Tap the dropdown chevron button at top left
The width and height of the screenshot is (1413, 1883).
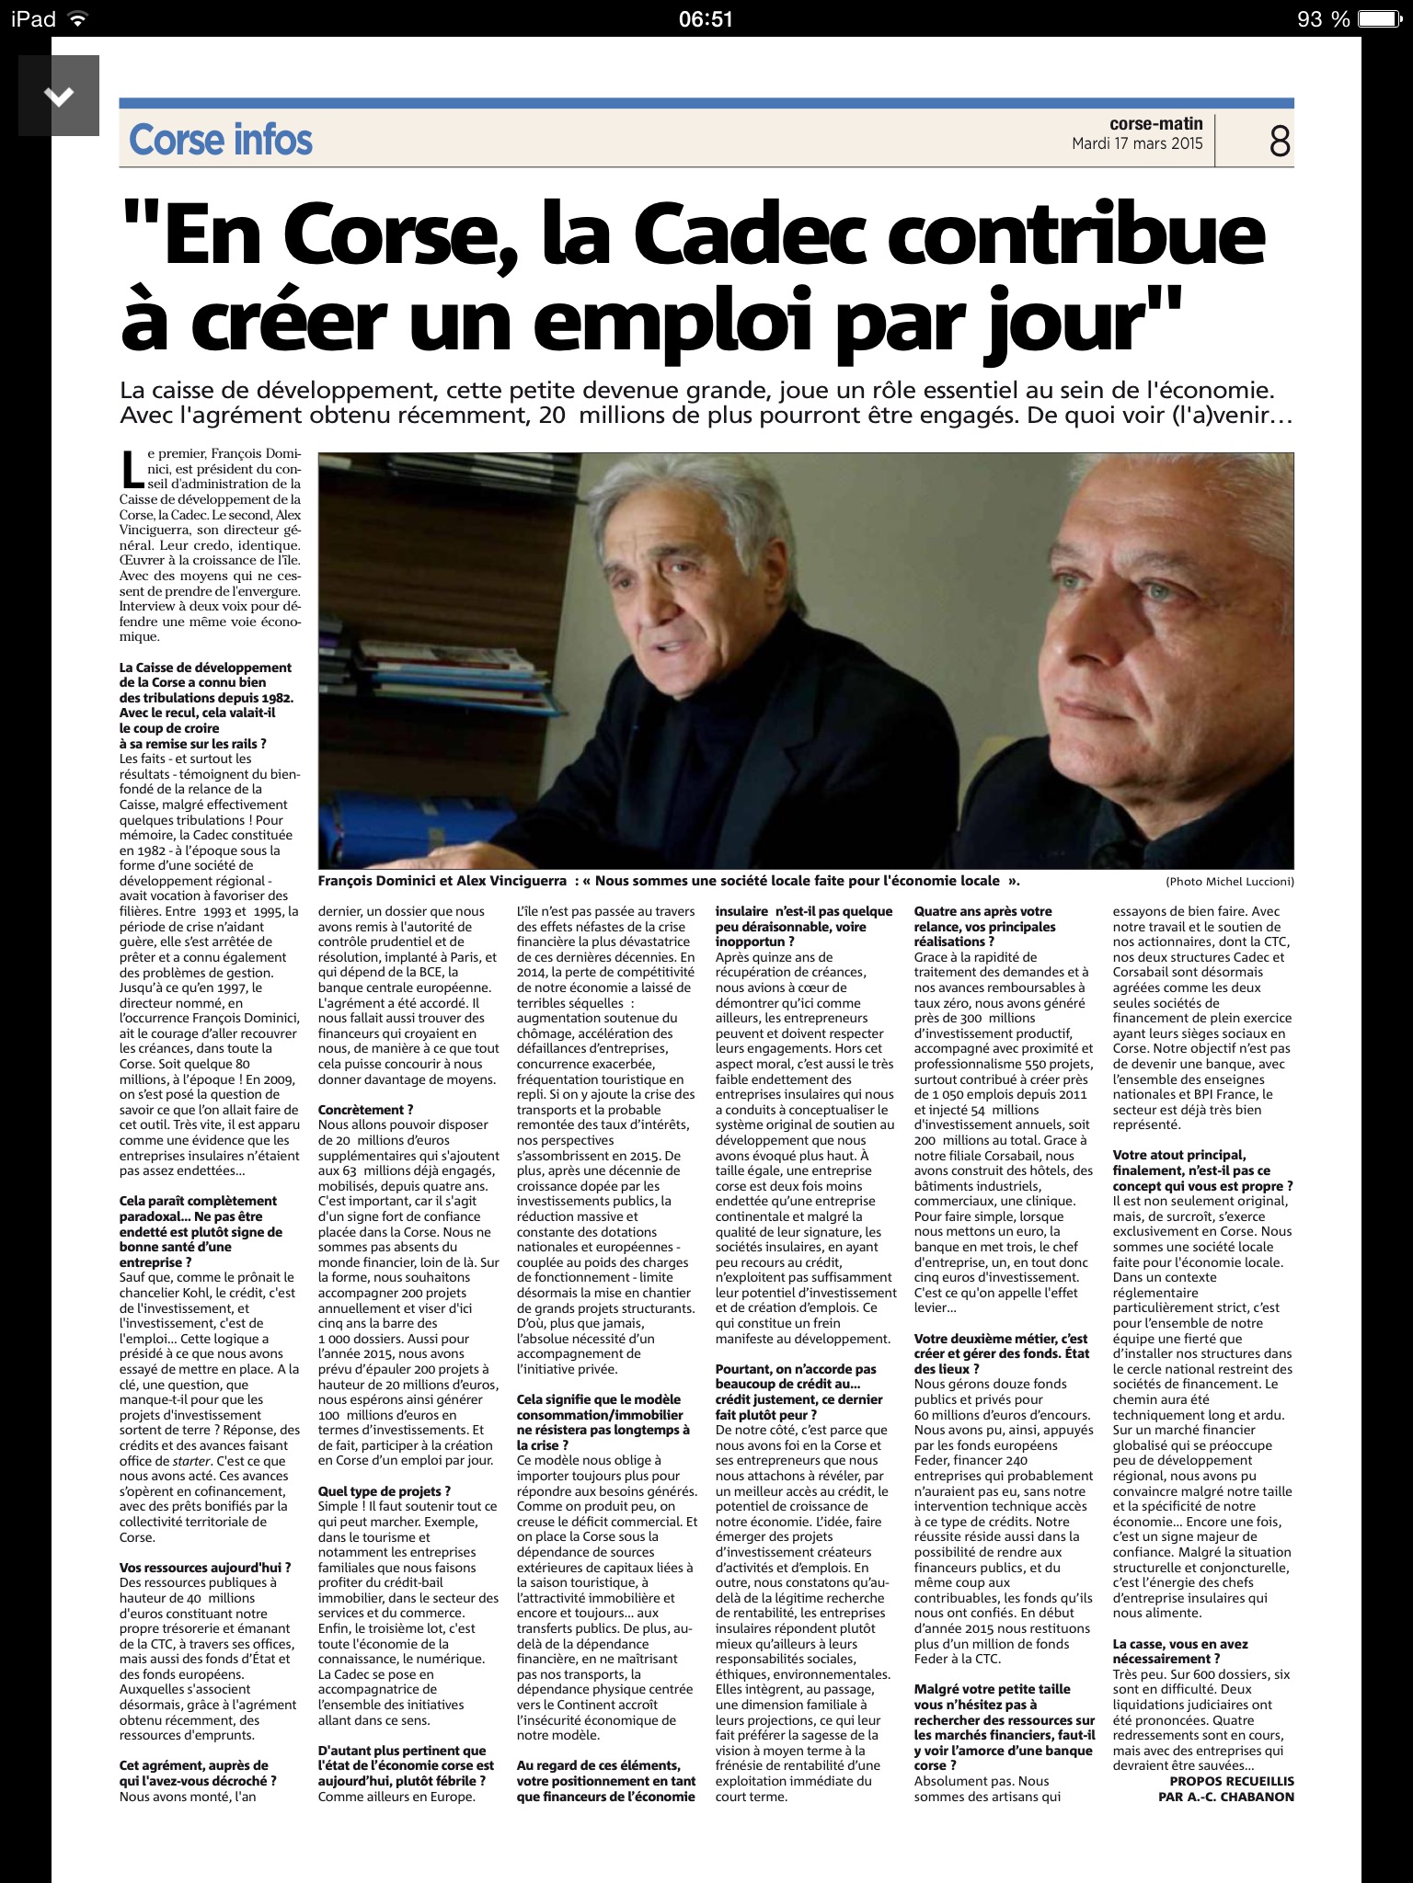point(59,96)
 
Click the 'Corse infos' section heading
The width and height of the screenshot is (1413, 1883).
point(221,140)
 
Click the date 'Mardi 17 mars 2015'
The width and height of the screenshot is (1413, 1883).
point(1137,144)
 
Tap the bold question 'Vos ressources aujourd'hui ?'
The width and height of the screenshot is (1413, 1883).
point(205,1568)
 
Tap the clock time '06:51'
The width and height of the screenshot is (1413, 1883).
point(706,18)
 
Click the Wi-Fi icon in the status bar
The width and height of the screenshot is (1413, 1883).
point(79,18)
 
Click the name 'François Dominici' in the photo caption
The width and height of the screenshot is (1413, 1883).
point(377,880)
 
